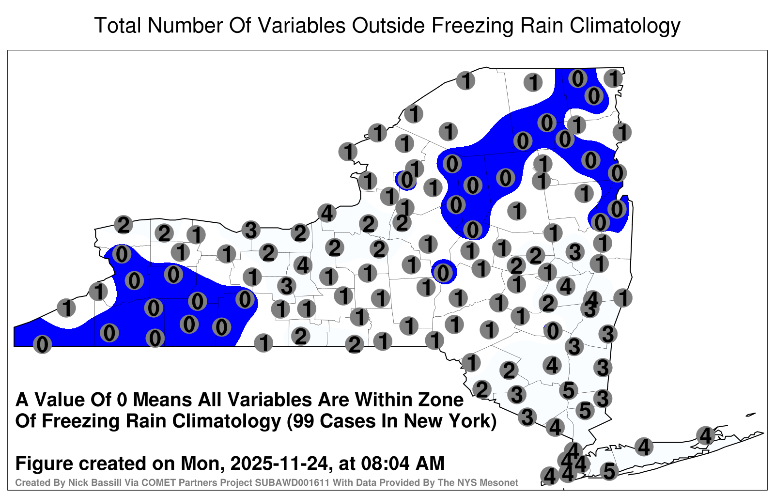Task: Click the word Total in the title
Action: pyautogui.click(x=118, y=25)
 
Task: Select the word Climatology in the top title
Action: pyautogui.click(x=625, y=26)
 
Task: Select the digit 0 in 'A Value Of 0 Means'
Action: pyautogui.click(x=122, y=400)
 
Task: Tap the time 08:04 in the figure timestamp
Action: pyautogui.click(x=387, y=463)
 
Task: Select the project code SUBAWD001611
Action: pyautogui.click(x=293, y=482)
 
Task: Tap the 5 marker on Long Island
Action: pyautogui.click(x=609, y=471)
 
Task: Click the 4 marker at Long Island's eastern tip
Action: pyautogui.click(x=705, y=435)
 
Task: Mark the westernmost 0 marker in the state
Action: pyautogui.click(x=42, y=344)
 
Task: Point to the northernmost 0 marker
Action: pyautogui.click(x=577, y=78)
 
